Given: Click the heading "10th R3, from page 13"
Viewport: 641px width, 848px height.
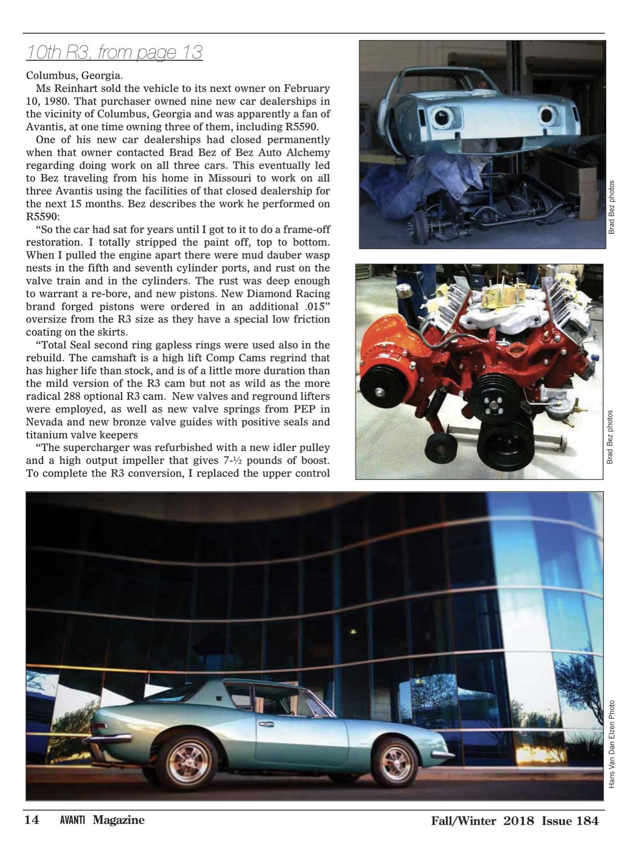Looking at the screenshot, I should tap(114, 52).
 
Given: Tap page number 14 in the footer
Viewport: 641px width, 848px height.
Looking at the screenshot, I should tap(32, 820).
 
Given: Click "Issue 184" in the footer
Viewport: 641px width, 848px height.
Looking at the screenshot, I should tap(570, 821).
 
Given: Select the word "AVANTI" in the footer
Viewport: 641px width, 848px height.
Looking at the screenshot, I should tap(73, 820).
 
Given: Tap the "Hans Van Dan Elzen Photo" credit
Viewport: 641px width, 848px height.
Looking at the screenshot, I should tap(612, 744).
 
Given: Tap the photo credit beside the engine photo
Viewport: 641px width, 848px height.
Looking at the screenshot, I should tap(610, 436).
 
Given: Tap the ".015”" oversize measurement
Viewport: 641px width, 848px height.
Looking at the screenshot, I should tap(314, 306).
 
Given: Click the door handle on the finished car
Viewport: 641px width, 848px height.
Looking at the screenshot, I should tap(266, 724).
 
